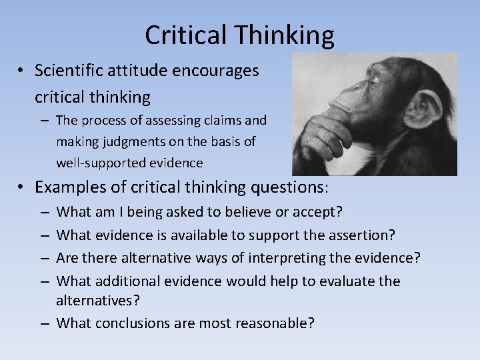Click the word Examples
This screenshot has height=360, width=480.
click(72, 187)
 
